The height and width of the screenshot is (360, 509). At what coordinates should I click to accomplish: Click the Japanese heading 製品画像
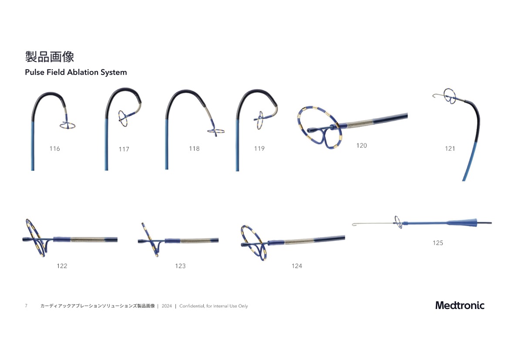click(x=50, y=57)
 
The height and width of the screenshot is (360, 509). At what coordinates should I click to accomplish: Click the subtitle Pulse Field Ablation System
click(x=76, y=72)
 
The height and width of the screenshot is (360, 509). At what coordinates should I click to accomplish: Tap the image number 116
click(x=54, y=149)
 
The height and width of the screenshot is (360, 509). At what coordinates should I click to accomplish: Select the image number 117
click(x=124, y=149)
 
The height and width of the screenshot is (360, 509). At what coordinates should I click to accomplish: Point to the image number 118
click(x=194, y=149)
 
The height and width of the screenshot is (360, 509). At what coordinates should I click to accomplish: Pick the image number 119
click(x=259, y=149)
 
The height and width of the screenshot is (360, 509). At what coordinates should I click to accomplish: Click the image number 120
click(x=361, y=146)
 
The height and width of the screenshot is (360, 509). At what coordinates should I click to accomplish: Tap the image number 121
click(x=450, y=149)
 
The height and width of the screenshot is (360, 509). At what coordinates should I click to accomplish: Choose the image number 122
click(x=62, y=266)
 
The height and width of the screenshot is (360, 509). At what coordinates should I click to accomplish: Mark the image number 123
click(x=180, y=266)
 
